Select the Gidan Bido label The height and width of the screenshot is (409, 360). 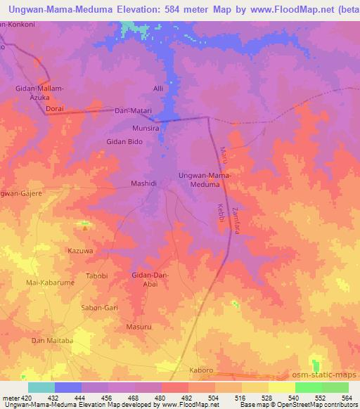pyautogui.click(x=124, y=142)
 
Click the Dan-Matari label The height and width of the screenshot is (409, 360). pyautogui.click(x=134, y=111)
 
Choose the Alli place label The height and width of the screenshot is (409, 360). pyautogui.click(x=158, y=88)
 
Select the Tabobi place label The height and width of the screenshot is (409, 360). pyautogui.click(x=96, y=275)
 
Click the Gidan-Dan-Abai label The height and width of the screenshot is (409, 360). pyautogui.click(x=150, y=280)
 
